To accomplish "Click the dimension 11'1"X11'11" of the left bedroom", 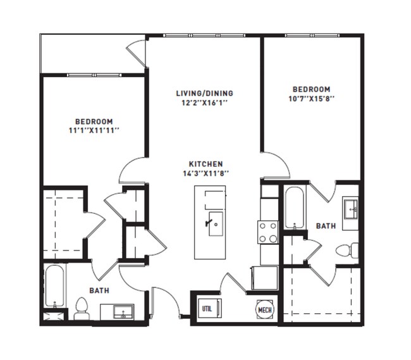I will (x=94, y=130).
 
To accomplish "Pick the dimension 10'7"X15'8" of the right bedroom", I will (x=311, y=99).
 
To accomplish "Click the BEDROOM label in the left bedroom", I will (x=94, y=121).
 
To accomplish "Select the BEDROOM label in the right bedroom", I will (x=311, y=89).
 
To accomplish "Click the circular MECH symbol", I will (x=264, y=310).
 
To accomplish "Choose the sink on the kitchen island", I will (x=215, y=225).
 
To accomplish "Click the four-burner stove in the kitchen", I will (x=267, y=232).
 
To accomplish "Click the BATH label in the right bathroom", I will (x=326, y=225).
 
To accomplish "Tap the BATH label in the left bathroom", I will (x=99, y=290).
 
